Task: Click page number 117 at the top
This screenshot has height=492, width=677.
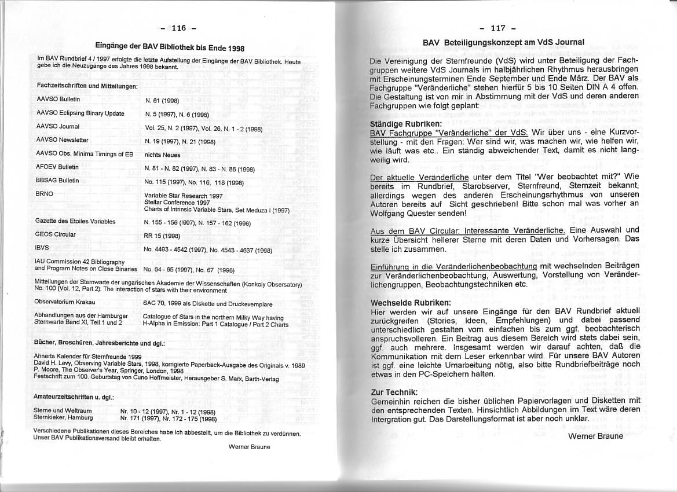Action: coord(497,28)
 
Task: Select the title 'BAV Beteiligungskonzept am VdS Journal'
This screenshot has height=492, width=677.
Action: coord(503,42)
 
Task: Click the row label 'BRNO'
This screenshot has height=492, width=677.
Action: coord(44,194)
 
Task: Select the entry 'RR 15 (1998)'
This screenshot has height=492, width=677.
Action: coord(162,236)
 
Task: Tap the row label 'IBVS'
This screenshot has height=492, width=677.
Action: coord(42,247)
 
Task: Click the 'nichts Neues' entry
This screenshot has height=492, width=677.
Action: coord(162,155)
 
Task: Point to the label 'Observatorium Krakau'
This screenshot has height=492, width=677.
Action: coord(64,302)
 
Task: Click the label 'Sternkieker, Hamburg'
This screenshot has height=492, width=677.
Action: coord(63,417)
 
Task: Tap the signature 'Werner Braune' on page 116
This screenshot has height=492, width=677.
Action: coord(249,447)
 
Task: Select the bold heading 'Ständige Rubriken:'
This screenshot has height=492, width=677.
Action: coord(405,124)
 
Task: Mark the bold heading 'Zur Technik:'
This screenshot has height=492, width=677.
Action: coord(394,392)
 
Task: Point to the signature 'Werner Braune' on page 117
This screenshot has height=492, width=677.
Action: coord(595,436)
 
